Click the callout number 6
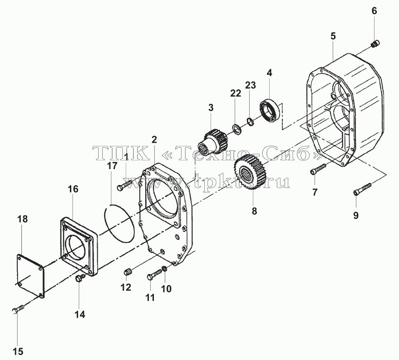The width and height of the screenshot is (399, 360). [x=374, y=11]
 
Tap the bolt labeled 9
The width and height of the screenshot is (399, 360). [x=362, y=189]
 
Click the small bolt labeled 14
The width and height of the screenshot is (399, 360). [x=79, y=277]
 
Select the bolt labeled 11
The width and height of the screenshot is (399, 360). [x=154, y=274]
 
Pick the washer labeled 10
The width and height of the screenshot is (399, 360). [x=165, y=268]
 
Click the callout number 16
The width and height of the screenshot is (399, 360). [x=73, y=189]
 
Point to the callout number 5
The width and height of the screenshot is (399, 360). [x=333, y=36]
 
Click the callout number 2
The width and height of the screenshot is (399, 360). [x=154, y=140]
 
